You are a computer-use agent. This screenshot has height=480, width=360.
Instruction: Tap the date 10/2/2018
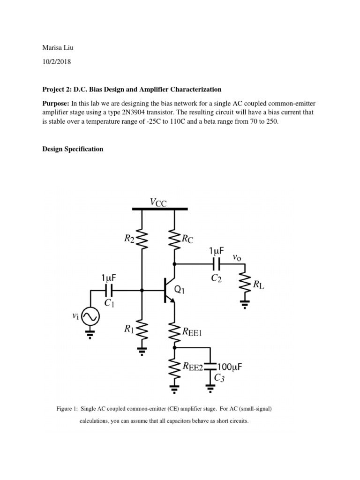pos(58,62)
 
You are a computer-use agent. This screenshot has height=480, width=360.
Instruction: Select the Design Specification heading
pos(73,149)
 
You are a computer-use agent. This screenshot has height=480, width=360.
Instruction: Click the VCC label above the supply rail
pos(158,202)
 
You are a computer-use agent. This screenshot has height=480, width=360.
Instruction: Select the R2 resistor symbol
pos(142,240)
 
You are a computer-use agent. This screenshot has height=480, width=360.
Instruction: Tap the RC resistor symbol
pos(174,240)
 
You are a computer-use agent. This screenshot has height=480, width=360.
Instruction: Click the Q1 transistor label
pos(180,290)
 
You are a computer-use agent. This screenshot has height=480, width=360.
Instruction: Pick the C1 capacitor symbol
pos(108,290)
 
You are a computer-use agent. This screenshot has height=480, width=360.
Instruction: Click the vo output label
pos(237,257)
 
